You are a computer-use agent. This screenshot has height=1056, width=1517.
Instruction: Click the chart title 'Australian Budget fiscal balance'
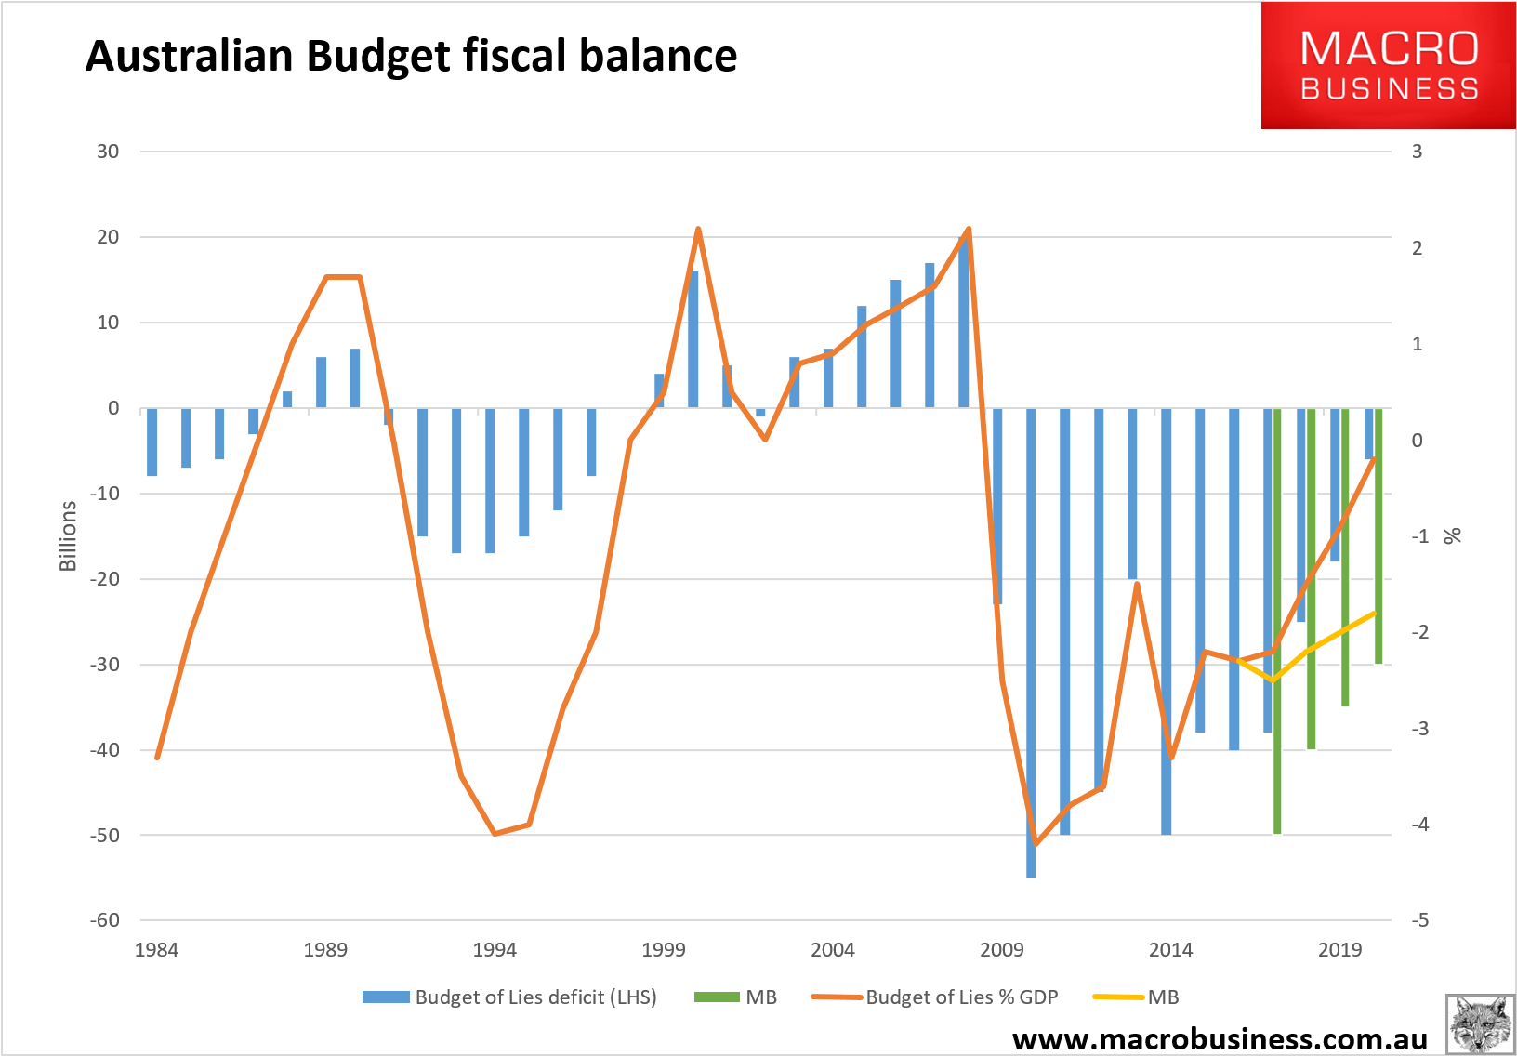(x=411, y=56)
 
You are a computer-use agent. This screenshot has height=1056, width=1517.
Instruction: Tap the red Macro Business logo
(x=1388, y=65)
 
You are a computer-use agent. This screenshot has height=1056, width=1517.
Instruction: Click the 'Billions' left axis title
(x=68, y=536)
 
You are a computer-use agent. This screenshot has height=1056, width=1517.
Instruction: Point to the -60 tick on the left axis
(x=105, y=920)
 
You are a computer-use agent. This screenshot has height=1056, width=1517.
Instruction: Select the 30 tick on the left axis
(x=108, y=152)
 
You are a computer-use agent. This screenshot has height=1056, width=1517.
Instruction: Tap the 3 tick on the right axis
(x=1417, y=152)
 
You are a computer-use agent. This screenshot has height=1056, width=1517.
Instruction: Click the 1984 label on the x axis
(x=156, y=950)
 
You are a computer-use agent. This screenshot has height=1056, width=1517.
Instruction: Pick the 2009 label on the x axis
(x=1001, y=950)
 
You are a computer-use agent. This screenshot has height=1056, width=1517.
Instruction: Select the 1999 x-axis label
(x=664, y=950)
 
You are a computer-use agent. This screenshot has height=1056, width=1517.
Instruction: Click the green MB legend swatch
(x=717, y=997)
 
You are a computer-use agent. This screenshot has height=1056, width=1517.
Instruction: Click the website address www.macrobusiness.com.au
(x=1220, y=1038)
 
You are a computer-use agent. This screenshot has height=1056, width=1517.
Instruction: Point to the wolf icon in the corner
(x=1480, y=1024)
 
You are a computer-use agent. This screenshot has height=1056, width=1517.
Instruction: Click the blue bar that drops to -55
(x=1031, y=641)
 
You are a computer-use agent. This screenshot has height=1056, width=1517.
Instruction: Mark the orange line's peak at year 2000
(x=698, y=229)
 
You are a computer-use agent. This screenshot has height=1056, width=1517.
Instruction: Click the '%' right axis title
(x=1452, y=536)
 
